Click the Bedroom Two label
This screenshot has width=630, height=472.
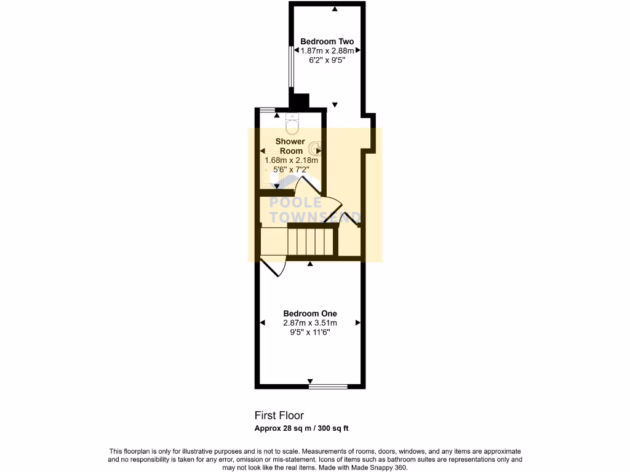(327, 41)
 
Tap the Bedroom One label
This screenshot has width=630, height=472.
(309, 313)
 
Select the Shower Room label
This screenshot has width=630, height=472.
(290, 146)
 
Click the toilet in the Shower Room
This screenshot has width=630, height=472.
(293, 124)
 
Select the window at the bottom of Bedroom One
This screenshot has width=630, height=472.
(328, 387)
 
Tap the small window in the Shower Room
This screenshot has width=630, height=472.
(266, 109)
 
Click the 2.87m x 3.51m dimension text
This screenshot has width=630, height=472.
(309, 323)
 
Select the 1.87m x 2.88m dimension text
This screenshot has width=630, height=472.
(327, 51)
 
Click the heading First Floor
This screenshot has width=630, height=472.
(279, 415)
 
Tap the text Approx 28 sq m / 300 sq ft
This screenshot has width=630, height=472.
(302, 428)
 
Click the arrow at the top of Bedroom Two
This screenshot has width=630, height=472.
(335, 8)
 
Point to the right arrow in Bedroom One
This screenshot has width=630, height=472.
(357, 323)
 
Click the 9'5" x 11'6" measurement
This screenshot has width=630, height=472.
(309, 332)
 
